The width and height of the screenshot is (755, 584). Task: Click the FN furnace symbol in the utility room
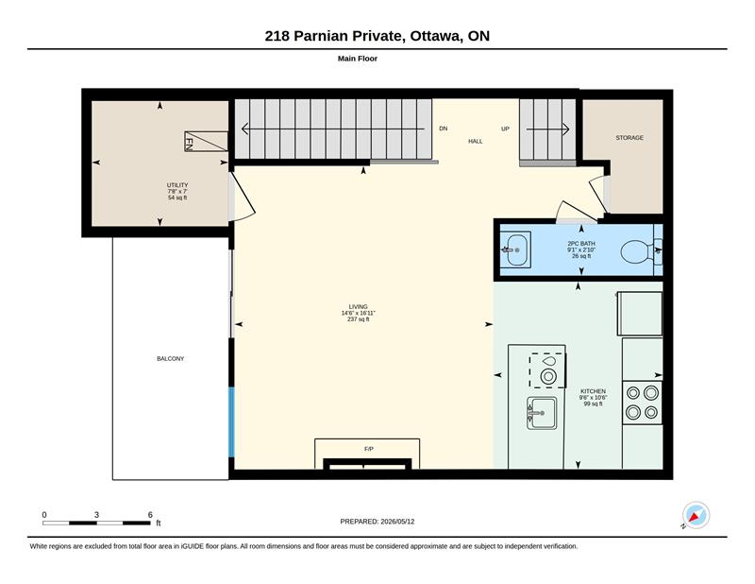point(206,142)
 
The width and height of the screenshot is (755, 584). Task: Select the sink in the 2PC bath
point(515,249)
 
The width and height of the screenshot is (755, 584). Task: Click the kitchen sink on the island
point(542,413)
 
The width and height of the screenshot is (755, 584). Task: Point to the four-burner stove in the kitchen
point(642,403)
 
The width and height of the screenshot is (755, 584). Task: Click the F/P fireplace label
point(369,449)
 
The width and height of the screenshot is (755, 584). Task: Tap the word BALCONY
point(171,359)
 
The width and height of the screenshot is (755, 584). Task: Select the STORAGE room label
point(629,138)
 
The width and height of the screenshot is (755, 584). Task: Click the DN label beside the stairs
point(443,129)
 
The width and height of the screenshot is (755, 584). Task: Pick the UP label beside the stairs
point(505,129)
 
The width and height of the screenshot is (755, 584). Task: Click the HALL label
point(476,142)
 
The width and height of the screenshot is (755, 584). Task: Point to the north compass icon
point(696,516)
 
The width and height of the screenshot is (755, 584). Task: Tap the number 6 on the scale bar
point(150,515)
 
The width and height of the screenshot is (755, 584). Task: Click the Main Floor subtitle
point(358,59)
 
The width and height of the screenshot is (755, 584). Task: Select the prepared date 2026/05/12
point(397,522)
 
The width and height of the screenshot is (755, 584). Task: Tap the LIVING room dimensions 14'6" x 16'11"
point(359,313)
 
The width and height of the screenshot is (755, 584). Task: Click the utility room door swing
point(243,198)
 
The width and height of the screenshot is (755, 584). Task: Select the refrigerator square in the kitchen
point(640,314)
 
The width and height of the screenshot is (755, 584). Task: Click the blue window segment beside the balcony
point(231,422)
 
